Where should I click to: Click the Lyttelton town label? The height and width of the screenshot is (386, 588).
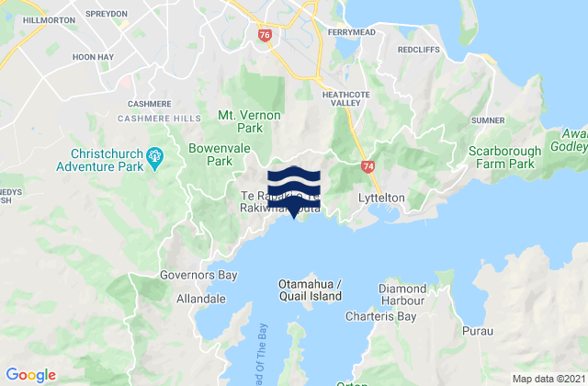(381, 198)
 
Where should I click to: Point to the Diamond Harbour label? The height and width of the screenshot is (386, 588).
(401, 295)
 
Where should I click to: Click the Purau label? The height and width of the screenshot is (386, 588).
(479, 328)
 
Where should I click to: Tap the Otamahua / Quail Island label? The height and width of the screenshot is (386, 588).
(310, 290)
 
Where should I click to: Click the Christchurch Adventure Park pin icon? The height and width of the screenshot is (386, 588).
(156, 154)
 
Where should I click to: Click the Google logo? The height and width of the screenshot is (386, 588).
(31, 374)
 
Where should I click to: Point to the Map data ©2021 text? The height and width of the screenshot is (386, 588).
(546, 378)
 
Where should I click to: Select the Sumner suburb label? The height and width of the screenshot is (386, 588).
(487, 120)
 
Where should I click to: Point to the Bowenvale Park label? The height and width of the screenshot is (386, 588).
(210, 153)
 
